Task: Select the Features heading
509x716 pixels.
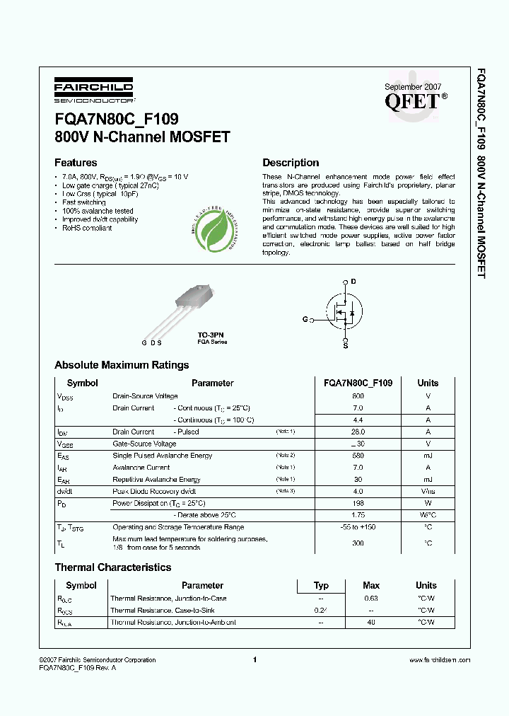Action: click(76, 162)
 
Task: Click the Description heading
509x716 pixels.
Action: click(291, 162)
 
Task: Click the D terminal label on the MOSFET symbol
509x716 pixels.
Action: click(353, 282)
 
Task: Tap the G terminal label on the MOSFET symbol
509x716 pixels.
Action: click(305, 320)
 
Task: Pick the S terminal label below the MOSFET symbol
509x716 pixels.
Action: click(345, 345)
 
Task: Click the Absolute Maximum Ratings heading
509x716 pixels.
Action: click(122, 365)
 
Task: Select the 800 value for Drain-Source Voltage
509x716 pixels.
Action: click(358, 396)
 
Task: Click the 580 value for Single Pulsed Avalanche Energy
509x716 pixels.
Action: click(358, 456)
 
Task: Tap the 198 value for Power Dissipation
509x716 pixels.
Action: click(358, 504)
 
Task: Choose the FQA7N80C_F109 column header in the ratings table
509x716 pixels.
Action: click(358, 383)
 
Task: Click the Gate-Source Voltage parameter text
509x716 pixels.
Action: click(145, 444)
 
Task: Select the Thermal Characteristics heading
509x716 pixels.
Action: click(112, 567)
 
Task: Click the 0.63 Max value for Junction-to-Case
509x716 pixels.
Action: click(371, 599)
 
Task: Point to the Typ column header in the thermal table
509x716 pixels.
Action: click(321, 585)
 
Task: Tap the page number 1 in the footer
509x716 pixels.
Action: click(254, 659)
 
